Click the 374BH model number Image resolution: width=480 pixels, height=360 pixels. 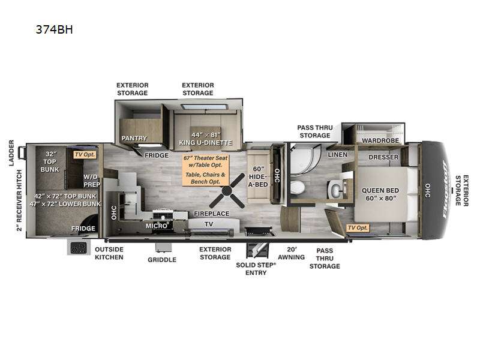point(54,29)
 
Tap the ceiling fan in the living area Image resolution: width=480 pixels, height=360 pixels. point(227,191)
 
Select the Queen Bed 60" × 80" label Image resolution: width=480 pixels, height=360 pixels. point(380,194)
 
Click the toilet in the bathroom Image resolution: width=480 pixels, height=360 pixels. point(297,187)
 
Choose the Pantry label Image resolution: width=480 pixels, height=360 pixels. point(134,138)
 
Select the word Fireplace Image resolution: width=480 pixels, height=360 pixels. point(212,214)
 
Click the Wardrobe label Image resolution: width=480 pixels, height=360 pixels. point(380,140)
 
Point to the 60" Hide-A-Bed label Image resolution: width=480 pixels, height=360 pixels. point(258,176)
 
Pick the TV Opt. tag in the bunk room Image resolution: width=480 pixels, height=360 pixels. point(85,155)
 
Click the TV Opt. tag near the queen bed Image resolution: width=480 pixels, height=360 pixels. point(358,228)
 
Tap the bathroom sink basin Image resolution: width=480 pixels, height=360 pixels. point(337,190)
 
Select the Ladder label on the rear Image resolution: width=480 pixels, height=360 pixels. point(11,153)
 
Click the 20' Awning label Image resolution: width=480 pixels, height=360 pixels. point(292,253)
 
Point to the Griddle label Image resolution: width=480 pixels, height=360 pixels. point(162,260)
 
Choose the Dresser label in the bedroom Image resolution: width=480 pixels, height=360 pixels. point(383,157)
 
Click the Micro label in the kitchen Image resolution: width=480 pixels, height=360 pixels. point(157,226)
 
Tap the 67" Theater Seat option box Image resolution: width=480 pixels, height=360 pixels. point(206,170)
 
